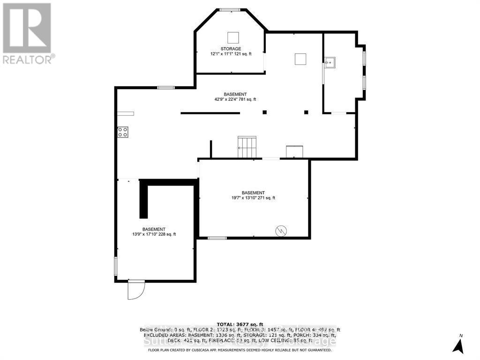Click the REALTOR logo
[27, 33]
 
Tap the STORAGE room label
[231, 49]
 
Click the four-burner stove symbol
[123, 132]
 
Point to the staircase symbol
[247, 147]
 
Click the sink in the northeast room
[330, 62]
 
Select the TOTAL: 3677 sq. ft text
[240, 324]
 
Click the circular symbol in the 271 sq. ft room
[281, 230]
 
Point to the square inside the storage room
[233, 37]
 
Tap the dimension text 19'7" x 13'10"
[253, 198]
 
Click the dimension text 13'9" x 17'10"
[154, 234]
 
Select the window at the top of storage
[230, 10]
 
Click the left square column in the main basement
[264, 112]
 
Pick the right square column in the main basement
[306, 112]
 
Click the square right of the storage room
[300, 59]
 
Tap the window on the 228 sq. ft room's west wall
[116, 265]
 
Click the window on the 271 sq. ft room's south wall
[217, 238]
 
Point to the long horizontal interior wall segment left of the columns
[210, 113]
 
